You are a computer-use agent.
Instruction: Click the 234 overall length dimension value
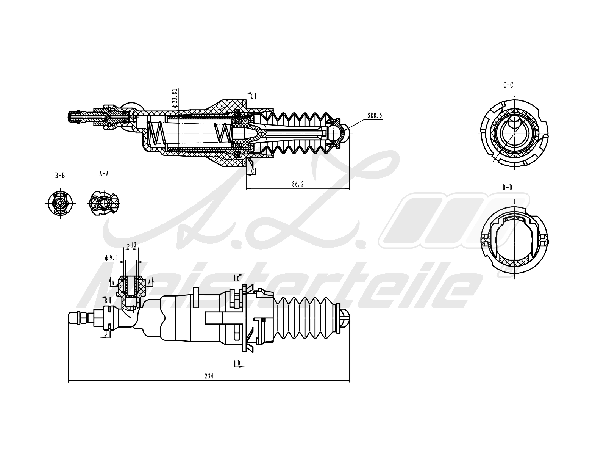[209, 377]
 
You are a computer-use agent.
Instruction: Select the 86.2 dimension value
[298, 184]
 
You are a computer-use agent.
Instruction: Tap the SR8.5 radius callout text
[374, 115]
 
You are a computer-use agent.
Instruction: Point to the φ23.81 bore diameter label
[175, 99]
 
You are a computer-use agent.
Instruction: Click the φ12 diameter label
[131, 245]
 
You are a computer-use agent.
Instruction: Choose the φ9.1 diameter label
[112, 258]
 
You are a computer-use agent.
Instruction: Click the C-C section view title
[508, 85]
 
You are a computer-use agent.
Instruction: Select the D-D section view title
[508, 187]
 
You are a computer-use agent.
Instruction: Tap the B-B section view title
[60, 176]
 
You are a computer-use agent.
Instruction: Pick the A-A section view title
[104, 174]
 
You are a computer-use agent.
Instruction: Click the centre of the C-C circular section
[514, 133]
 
